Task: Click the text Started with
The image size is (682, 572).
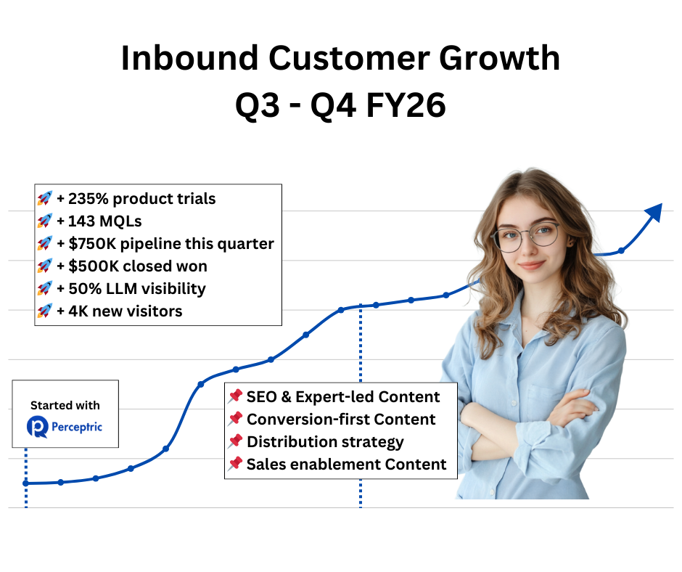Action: click(x=65, y=405)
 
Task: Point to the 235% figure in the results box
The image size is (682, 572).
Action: click(x=89, y=198)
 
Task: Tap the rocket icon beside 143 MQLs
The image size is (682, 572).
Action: click(x=45, y=221)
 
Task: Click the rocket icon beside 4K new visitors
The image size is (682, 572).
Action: click(x=45, y=311)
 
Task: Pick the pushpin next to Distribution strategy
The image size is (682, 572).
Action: click(x=235, y=441)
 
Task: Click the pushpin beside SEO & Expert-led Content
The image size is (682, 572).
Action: click(x=235, y=396)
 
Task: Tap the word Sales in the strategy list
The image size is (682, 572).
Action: click(x=266, y=464)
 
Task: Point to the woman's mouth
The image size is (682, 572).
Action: click(x=532, y=265)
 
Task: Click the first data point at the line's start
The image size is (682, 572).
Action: click(x=26, y=483)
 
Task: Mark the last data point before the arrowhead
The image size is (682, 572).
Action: click(x=621, y=251)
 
